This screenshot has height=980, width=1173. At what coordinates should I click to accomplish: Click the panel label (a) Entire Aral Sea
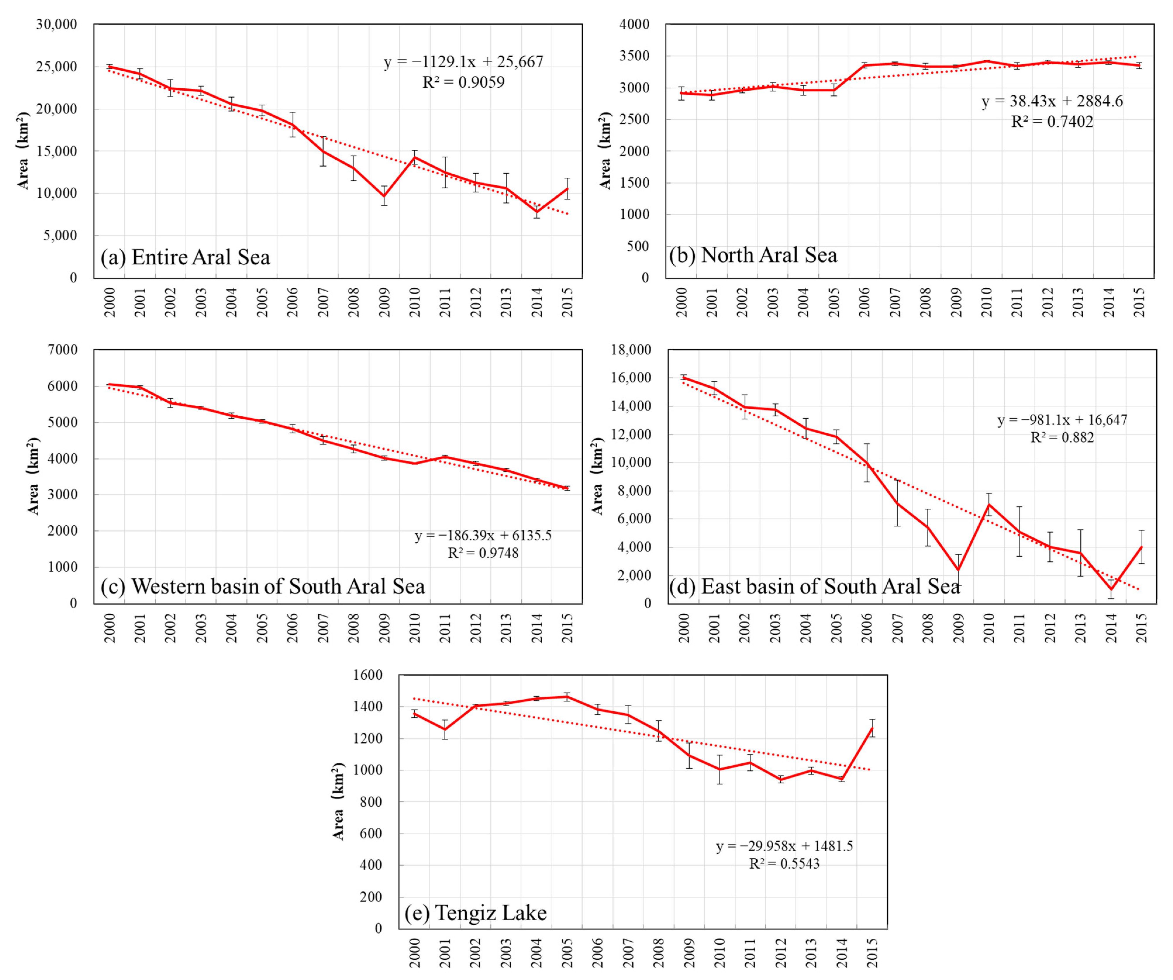[x=185, y=257]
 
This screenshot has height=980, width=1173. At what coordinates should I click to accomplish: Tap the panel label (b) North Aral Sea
[x=753, y=255]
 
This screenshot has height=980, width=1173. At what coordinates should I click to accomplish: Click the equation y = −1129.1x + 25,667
[x=463, y=62]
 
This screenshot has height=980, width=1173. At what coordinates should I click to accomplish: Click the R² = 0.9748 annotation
[x=483, y=553]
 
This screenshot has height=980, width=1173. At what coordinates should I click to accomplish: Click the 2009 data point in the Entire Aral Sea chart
[x=384, y=196]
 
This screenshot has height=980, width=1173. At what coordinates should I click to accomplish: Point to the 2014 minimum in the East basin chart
[x=1111, y=589]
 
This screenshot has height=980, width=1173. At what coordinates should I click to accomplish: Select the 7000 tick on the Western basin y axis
[x=65, y=350]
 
